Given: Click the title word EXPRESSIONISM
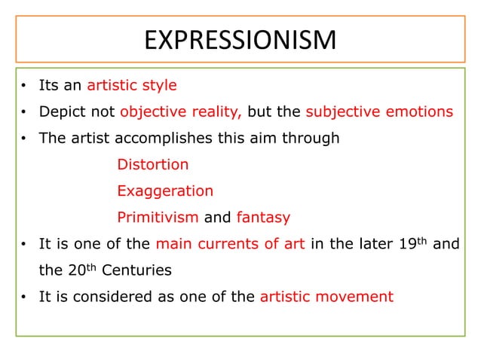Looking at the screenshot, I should (x=240, y=39).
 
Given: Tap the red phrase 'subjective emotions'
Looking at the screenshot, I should (x=379, y=112).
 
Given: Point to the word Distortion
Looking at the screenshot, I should (x=153, y=164).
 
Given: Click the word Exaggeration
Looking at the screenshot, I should (x=165, y=191).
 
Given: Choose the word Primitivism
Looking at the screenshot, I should (x=158, y=218).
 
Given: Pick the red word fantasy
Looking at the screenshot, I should (x=263, y=218).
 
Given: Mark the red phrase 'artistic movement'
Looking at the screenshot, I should (x=326, y=297).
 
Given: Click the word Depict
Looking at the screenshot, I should (x=60, y=112).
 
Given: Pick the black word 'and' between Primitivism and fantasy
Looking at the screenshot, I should (x=218, y=218).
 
